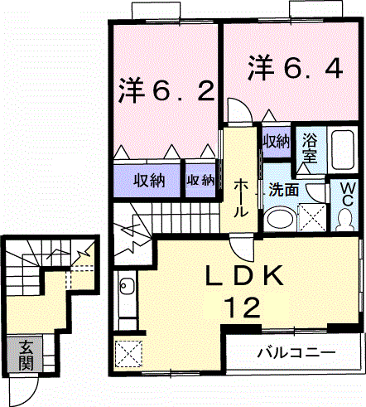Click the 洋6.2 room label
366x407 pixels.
(166, 90)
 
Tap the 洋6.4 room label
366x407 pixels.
(296, 68)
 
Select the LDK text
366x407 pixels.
(244, 276)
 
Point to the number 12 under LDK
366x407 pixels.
(243, 308)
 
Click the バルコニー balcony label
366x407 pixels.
(296, 352)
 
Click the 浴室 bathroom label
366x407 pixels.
(310, 148)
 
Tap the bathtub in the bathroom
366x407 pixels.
(343, 149)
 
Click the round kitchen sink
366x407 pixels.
(126, 285)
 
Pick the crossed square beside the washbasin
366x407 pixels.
(312, 218)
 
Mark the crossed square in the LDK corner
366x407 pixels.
(128, 354)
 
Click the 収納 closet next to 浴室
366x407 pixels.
(276, 142)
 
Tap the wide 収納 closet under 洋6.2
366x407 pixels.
(148, 181)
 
